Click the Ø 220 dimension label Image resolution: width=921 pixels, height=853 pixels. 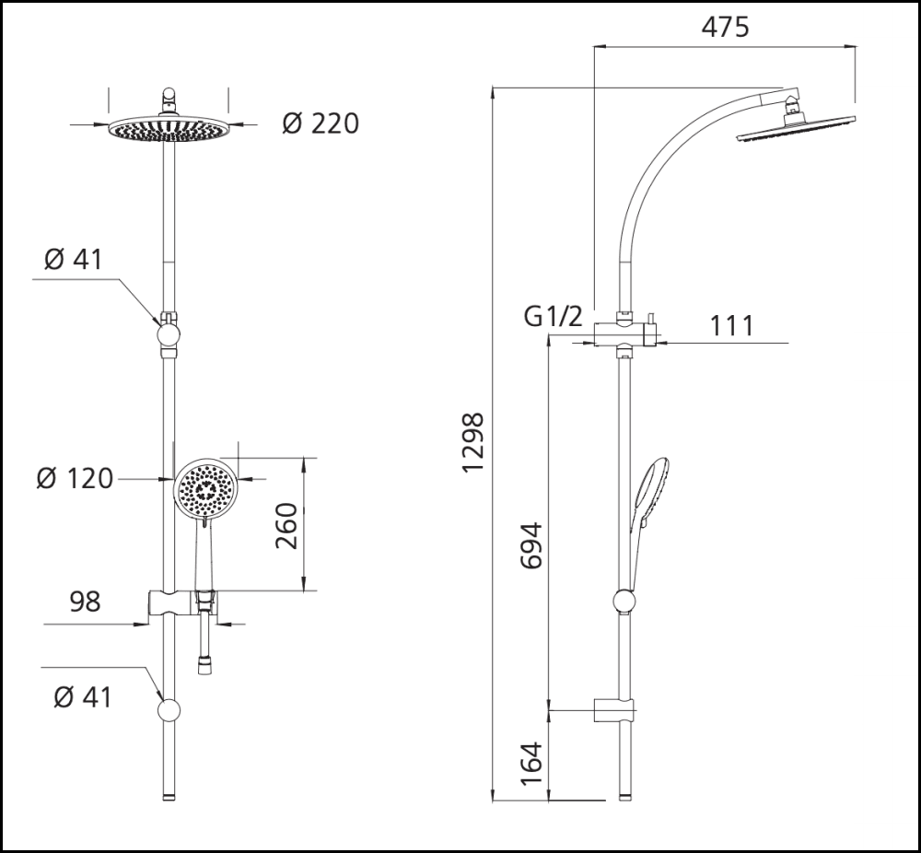click(x=321, y=123)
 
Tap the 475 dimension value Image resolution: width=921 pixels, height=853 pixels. click(x=725, y=27)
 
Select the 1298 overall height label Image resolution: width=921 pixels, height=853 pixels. click(x=473, y=443)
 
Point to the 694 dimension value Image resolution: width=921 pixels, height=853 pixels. click(x=531, y=545)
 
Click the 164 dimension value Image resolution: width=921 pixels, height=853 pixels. click(x=531, y=764)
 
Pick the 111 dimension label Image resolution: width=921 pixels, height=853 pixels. click(x=732, y=325)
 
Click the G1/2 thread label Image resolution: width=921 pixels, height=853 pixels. click(x=554, y=317)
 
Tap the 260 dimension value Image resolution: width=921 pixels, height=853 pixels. click(x=287, y=525)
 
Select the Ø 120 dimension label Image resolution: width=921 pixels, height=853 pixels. click(x=76, y=479)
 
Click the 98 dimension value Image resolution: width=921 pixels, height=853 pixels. click(x=85, y=602)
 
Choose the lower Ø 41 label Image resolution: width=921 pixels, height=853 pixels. click(x=83, y=697)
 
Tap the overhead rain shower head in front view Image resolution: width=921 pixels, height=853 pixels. click(x=168, y=129)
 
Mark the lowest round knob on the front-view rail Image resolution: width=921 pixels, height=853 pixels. click(x=169, y=710)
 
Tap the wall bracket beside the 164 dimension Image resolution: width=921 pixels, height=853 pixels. click(x=613, y=709)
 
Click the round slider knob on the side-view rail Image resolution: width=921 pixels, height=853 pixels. click(x=624, y=602)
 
